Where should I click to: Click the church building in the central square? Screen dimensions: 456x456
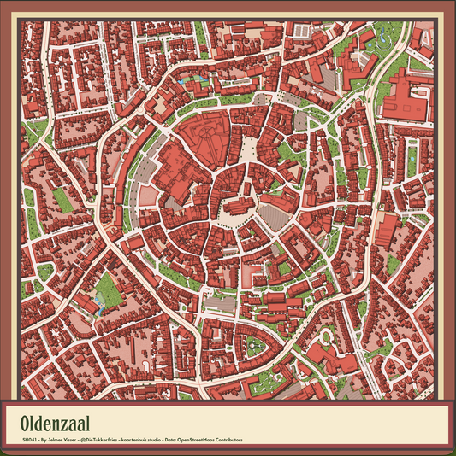click(237, 207)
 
